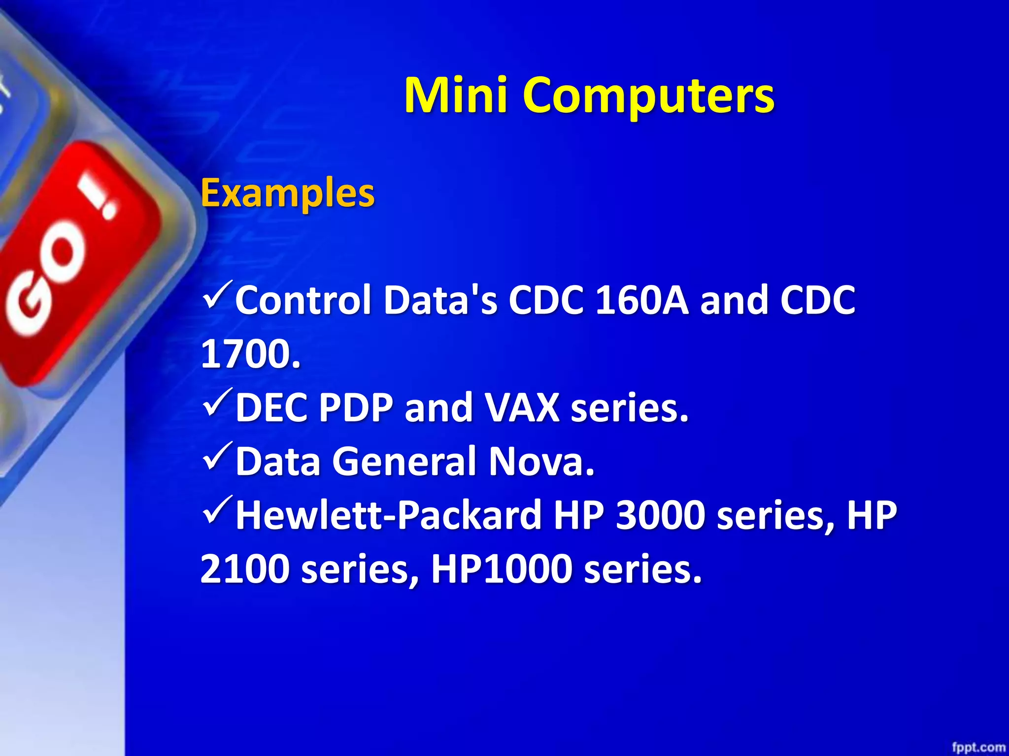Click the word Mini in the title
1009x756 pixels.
456,94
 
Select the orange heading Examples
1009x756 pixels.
288,193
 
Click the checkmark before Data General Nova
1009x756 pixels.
217,457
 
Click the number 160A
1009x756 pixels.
641,300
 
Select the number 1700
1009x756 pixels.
250,354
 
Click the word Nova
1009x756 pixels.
541,462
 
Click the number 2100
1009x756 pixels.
245,569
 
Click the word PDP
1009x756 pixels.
356,408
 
